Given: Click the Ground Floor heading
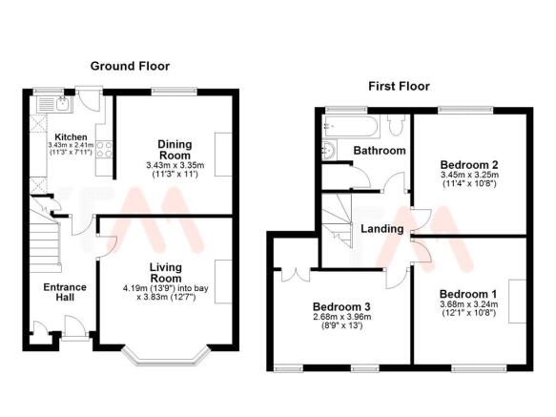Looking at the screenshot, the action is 130,66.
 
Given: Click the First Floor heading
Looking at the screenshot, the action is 399,86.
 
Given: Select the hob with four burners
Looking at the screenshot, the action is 104,150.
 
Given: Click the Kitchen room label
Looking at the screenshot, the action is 71,137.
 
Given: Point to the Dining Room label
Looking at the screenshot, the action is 175,150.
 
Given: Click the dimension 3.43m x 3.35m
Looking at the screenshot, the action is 175,165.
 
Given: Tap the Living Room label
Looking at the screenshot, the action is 166,273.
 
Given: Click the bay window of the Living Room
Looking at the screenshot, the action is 165,357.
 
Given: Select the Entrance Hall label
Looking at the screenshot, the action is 65,292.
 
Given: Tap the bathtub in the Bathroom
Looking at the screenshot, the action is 351,126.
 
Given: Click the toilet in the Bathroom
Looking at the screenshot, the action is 397,125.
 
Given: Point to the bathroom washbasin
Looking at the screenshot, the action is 329,151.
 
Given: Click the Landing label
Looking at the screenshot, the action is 382,229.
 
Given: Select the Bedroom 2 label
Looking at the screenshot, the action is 469,165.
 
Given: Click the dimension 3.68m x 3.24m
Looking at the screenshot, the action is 469,304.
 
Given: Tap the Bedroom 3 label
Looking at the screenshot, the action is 341,306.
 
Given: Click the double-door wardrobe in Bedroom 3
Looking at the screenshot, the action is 296,275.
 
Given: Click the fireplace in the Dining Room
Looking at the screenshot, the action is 223,155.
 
